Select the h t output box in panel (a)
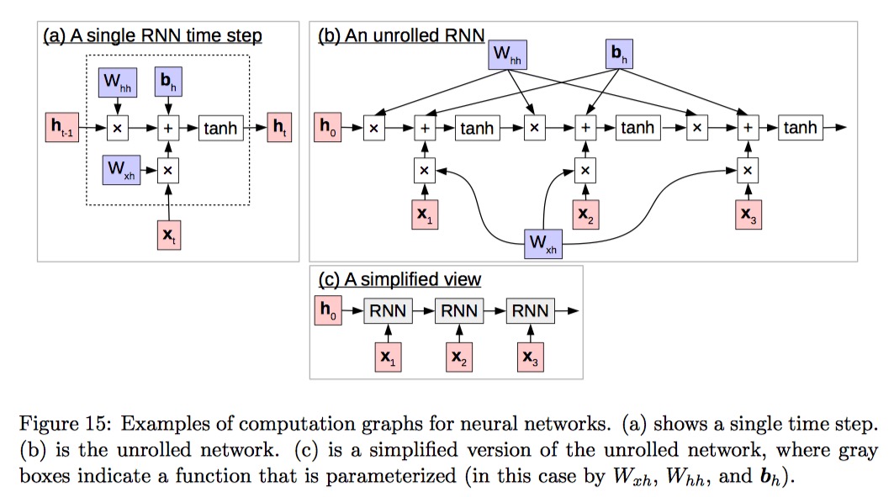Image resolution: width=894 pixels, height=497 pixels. pyautogui.click(x=279, y=129)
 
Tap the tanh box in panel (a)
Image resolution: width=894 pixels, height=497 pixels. pyautogui.click(x=220, y=129)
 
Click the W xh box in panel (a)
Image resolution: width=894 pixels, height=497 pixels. pyautogui.click(x=118, y=169)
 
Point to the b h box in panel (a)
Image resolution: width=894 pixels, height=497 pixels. pyautogui.click(x=168, y=82)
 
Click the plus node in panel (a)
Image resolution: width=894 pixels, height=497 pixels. pyautogui.click(x=168, y=129)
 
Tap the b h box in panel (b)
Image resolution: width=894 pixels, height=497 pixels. pyautogui.click(x=617, y=56)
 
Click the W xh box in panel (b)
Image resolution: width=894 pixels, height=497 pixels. pyautogui.click(x=542, y=243)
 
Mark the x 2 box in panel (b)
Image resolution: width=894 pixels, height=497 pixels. pyautogui.click(x=585, y=214)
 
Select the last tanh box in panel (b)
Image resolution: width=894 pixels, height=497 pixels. pyautogui.click(x=800, y=129)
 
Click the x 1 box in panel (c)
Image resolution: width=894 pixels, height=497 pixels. pyautogui.click(x=388, y=357)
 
